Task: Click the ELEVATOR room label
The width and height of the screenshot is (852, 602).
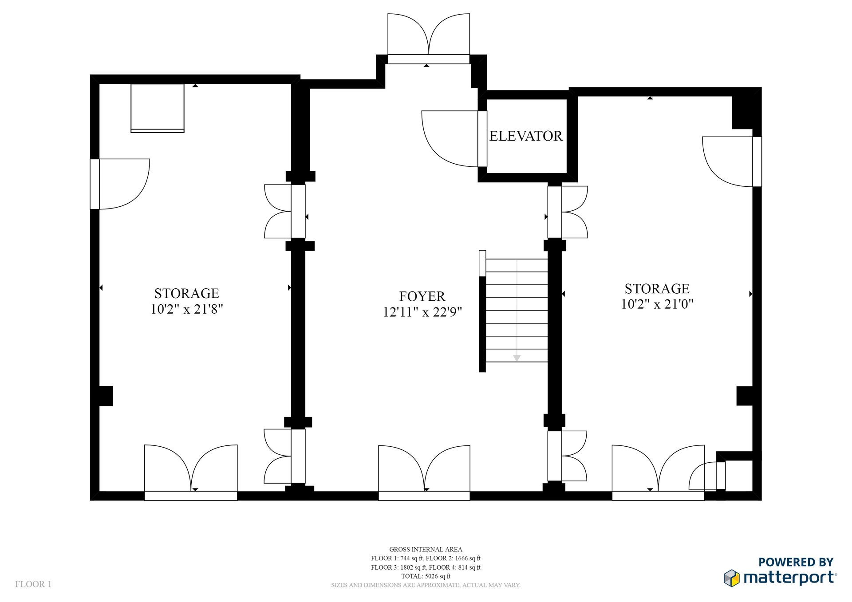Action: coord(526,136)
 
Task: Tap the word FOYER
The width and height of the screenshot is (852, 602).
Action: coord(422,296)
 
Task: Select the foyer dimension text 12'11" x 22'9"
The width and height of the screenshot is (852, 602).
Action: coord(422,312)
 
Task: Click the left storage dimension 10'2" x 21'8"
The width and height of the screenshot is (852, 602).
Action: coord(187,309)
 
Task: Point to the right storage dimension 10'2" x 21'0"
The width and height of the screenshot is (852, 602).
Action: coord(657,304)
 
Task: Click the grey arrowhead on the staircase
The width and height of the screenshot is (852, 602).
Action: coord(517,358)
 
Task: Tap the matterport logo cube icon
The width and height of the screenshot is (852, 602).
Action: coord(732,578)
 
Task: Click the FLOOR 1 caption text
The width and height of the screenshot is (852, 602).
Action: coord(33,584)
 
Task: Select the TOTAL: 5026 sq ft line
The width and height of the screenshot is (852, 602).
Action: coord(426,576)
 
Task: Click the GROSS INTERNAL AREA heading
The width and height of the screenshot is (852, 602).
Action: coord(426,549)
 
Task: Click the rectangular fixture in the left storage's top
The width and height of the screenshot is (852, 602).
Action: coord(158,108)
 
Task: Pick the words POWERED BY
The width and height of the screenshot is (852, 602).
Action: coord(796,562)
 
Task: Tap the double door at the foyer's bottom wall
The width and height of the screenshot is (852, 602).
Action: coord(424,473)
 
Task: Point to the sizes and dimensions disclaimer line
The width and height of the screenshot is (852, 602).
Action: coord(426,585)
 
